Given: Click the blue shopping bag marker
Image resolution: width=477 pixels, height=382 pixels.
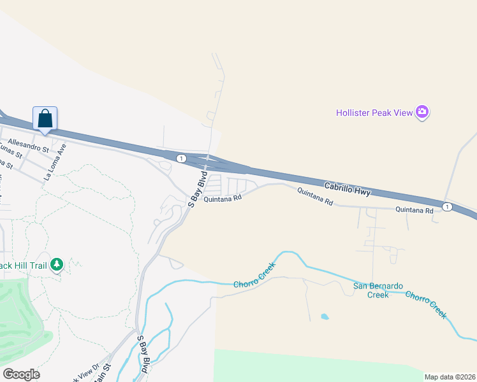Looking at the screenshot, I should coord(45,118).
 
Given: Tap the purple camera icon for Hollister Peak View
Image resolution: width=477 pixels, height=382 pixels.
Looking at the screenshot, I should coord(422,113).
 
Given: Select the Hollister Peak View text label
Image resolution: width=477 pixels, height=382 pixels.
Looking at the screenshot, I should coord(374,113).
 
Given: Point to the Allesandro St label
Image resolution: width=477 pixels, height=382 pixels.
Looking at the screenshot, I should coord(28,145).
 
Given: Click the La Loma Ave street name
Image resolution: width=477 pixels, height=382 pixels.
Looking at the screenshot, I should coord(55,162).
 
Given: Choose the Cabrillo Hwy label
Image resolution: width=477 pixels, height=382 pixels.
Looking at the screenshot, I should coord(347,187).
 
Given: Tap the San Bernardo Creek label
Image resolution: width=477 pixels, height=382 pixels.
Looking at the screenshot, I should coord(379,290).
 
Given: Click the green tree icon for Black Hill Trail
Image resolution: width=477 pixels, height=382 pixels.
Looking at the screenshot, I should coord(57,264).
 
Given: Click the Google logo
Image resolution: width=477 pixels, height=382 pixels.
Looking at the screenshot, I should coord(20,374).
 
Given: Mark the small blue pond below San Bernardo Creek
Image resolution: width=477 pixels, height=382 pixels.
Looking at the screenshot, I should coord(325,316).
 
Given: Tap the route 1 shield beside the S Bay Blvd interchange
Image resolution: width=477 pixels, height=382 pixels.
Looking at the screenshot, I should coord(182,158).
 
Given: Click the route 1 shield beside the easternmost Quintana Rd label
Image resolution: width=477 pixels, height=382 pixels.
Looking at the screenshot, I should coord(448,207).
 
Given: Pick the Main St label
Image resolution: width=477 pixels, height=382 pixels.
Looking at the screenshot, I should coord(102,372).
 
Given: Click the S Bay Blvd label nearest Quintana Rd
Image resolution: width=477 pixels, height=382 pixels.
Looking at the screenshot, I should coord(198,189).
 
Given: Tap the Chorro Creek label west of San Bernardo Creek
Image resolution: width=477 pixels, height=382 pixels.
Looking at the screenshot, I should coord(253,276).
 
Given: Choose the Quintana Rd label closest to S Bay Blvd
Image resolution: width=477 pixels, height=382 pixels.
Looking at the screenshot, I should coord(223,199).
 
